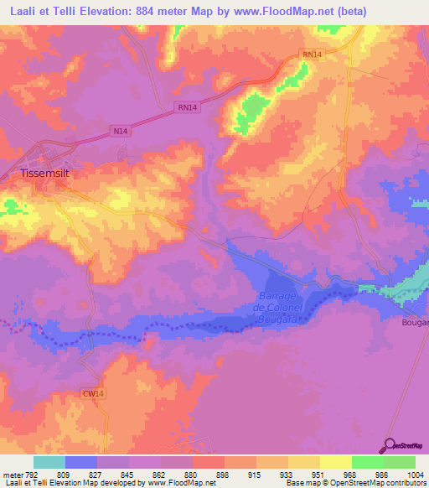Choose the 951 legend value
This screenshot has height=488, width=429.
click(x=319, y=474)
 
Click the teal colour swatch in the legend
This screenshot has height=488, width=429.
click(x=49, y=462)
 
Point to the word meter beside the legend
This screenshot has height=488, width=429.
click(x=12, y=474)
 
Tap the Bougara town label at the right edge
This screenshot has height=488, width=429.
click(x=416, y=323)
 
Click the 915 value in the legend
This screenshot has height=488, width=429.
click(x=256, y=474)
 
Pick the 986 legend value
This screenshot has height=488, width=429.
click(x=383, y=474)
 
